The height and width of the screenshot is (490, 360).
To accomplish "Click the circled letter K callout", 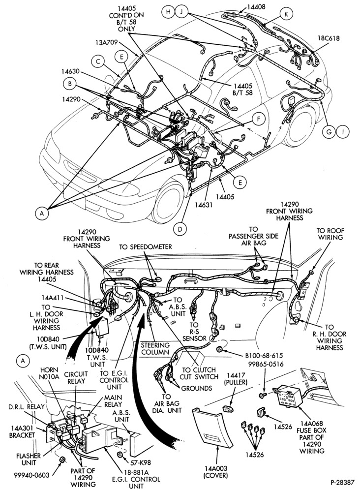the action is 286,14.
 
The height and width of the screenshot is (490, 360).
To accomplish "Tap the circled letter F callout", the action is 259,119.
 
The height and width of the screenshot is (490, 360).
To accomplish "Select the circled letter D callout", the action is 180,230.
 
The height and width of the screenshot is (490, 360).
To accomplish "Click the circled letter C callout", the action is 98,61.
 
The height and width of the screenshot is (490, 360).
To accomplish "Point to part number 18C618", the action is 329,38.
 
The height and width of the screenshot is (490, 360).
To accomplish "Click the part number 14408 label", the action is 256,6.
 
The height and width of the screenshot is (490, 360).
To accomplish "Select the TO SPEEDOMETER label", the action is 145,247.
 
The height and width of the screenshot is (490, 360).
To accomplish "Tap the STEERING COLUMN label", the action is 155,349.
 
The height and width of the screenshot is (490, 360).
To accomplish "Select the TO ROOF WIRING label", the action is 330,234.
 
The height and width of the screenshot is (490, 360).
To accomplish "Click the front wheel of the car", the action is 168,203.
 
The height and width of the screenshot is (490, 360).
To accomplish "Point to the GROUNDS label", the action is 197,389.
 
